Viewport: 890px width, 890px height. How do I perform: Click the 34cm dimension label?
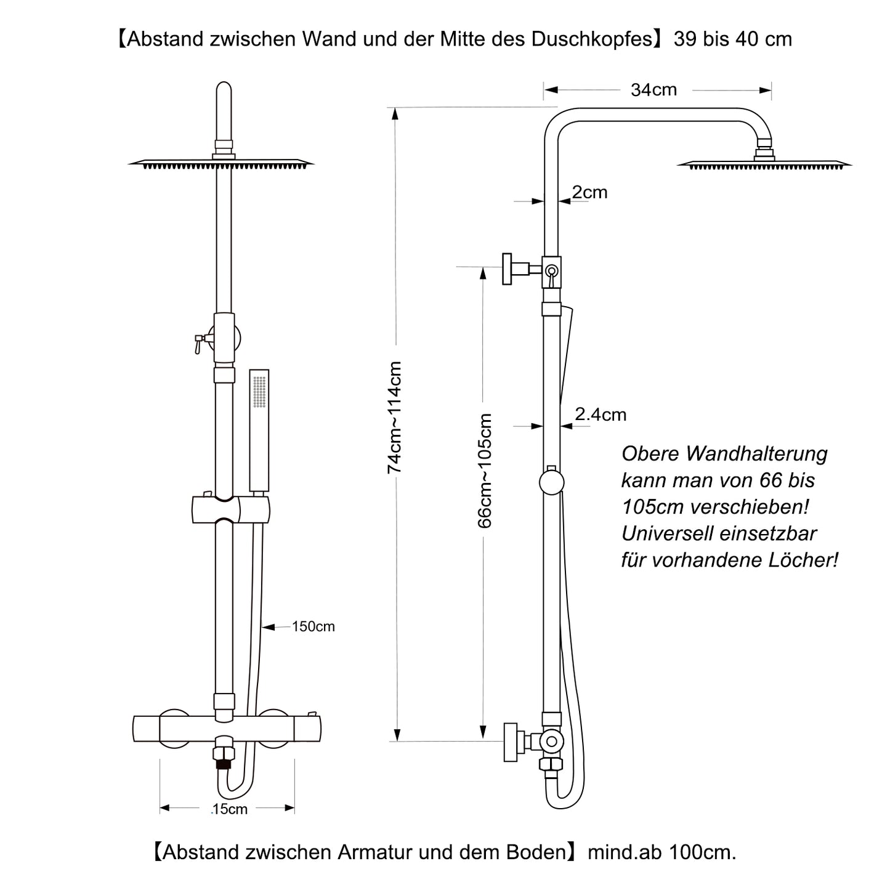(x=653, y=90)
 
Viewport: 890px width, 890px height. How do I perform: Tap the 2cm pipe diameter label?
(x=589, y=192)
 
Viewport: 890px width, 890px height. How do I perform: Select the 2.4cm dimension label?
(x=601, y=415)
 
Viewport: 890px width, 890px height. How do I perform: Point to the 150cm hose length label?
(x=314, y=626)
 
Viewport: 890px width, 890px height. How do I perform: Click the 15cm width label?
(x=229, y=809)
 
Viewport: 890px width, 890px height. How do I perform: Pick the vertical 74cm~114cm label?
(x=394, y=418)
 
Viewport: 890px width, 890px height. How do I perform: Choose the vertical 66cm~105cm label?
(x=485, y=471)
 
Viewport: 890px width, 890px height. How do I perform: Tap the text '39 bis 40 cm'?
(x=733, y=39)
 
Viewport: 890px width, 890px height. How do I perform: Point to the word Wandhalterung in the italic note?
(x=756, y=454)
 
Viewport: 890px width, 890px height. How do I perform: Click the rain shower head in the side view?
(x=764, y=163)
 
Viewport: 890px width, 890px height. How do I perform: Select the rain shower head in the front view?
(x=222, y=163)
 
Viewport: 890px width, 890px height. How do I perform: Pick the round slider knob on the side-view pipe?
(x=551, y=482)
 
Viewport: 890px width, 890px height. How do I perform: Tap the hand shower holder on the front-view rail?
(x=231, y=509)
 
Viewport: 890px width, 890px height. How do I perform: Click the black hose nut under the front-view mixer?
(x=224, y=765)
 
